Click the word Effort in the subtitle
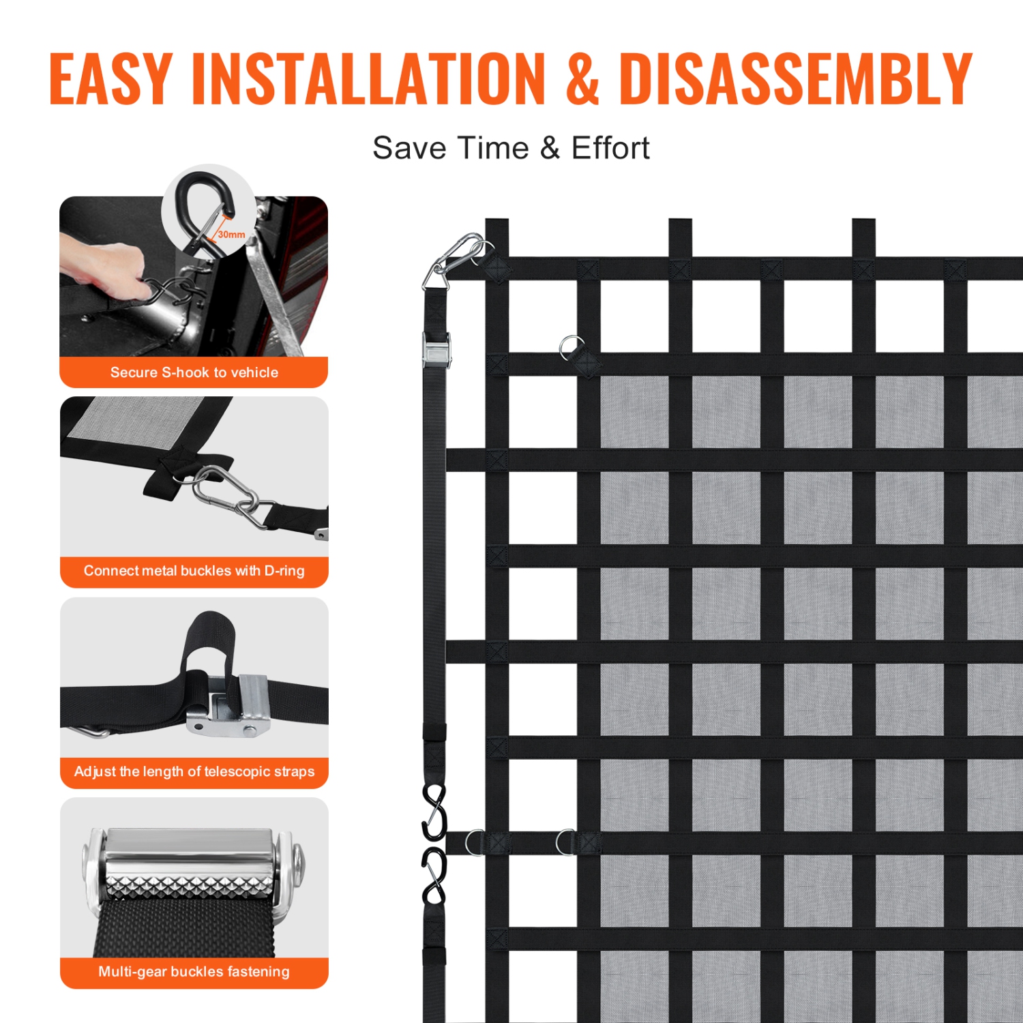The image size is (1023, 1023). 610,148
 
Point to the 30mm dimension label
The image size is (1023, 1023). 231,235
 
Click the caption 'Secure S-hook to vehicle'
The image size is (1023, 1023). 194,372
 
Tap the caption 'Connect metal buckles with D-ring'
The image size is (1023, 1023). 194,571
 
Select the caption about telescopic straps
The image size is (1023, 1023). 194,771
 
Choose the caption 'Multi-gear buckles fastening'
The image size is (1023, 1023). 194,971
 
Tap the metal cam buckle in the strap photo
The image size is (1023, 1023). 228,706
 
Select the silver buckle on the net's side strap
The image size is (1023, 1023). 435,349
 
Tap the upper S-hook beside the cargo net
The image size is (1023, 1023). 434,812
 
